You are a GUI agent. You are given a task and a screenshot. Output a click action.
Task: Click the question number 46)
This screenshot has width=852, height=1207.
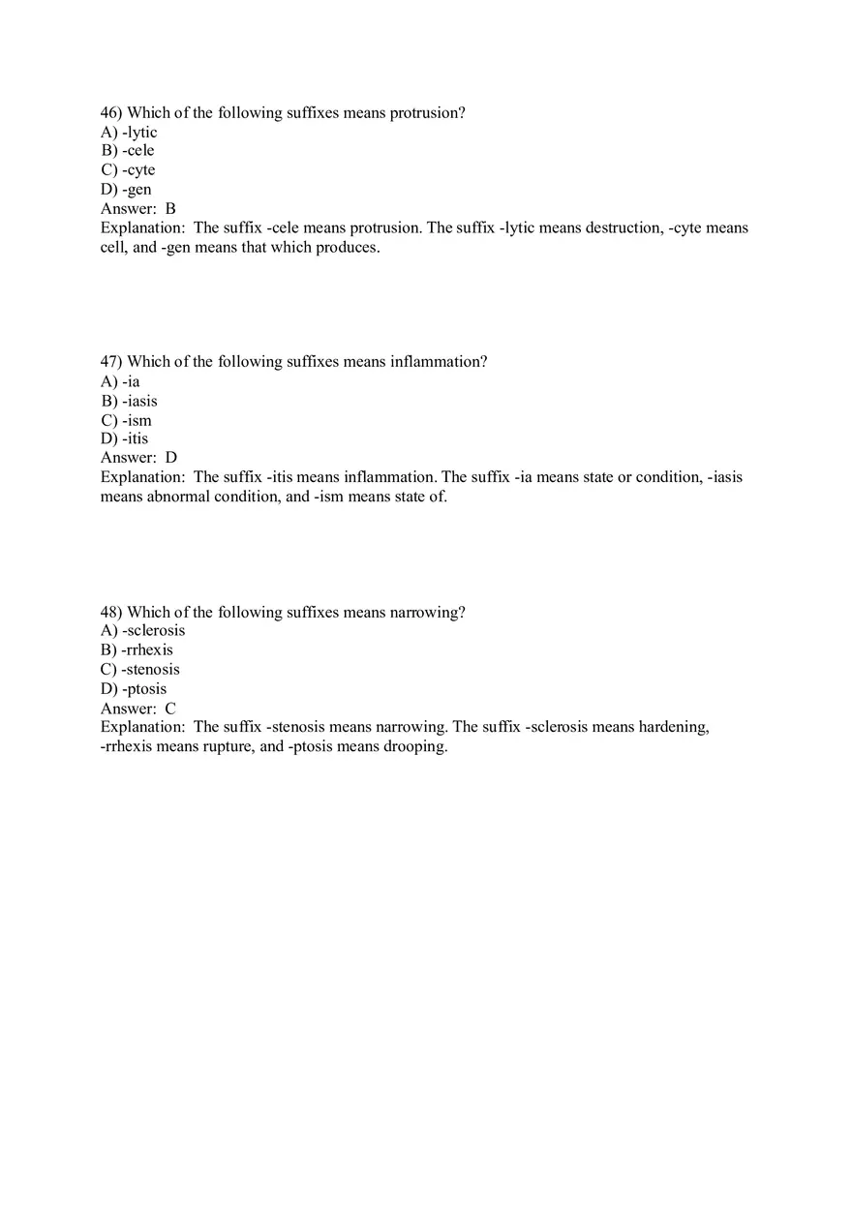click(111, 113)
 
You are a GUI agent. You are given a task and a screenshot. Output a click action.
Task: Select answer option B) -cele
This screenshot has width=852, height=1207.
click(128, 151)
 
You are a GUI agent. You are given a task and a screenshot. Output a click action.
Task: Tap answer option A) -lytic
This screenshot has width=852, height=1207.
click(129, 133)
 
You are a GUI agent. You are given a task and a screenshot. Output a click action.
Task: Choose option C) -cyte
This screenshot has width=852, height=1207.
click(128, 170)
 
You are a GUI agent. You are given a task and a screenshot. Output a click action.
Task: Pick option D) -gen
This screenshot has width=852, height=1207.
click(126, 190)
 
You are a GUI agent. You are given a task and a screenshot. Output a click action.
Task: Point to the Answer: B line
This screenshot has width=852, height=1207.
click(138, 208)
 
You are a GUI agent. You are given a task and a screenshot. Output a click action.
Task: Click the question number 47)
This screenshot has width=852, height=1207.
click(111, 362)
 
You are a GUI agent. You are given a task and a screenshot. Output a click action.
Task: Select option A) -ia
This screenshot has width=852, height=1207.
click(120, 381)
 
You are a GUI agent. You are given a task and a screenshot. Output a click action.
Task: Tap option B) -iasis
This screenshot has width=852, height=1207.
click(129, 401)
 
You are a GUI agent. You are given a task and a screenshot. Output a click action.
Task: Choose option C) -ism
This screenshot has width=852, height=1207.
click(126, 420)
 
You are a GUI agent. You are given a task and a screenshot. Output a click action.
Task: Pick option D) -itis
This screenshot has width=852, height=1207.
click(125, 438)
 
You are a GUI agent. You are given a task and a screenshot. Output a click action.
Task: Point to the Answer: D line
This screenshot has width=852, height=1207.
click(138, 457)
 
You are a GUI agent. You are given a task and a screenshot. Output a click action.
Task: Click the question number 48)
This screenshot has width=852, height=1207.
click(111, 613)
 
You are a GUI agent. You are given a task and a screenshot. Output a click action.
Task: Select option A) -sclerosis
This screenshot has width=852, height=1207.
click(142, 631)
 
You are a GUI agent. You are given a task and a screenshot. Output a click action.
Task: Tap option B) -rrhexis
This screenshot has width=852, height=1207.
click(137, 650)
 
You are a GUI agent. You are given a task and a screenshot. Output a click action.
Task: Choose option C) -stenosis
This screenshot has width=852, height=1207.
click(140, 670)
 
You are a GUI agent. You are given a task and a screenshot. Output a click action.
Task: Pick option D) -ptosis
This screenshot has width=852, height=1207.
click(134, 689)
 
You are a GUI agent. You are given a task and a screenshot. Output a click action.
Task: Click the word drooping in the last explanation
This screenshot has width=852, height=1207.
click(414, 747)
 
